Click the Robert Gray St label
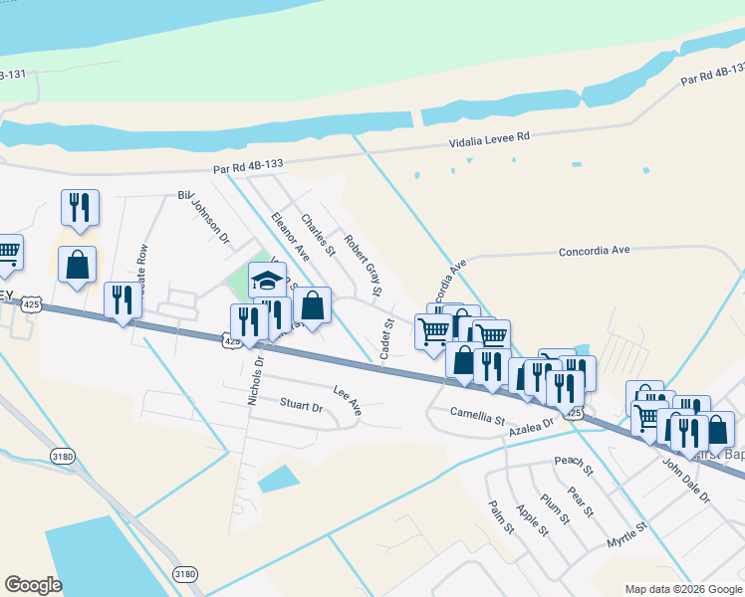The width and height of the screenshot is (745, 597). pyautogui.click(x=363, y=258)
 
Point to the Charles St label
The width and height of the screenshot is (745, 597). pyautogui.click(x=318, y=235)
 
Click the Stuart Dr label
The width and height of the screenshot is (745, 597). pyautogui.click(x=301, y=406)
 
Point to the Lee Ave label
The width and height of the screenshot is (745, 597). pyautogui.click(x=347, y=400)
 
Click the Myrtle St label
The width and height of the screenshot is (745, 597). pyautogui.click(x=627, y=534)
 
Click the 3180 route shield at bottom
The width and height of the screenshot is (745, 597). pyautogui.click(x=184, y=574)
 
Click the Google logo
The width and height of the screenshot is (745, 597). pyautogui.click(x=33, y=585)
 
